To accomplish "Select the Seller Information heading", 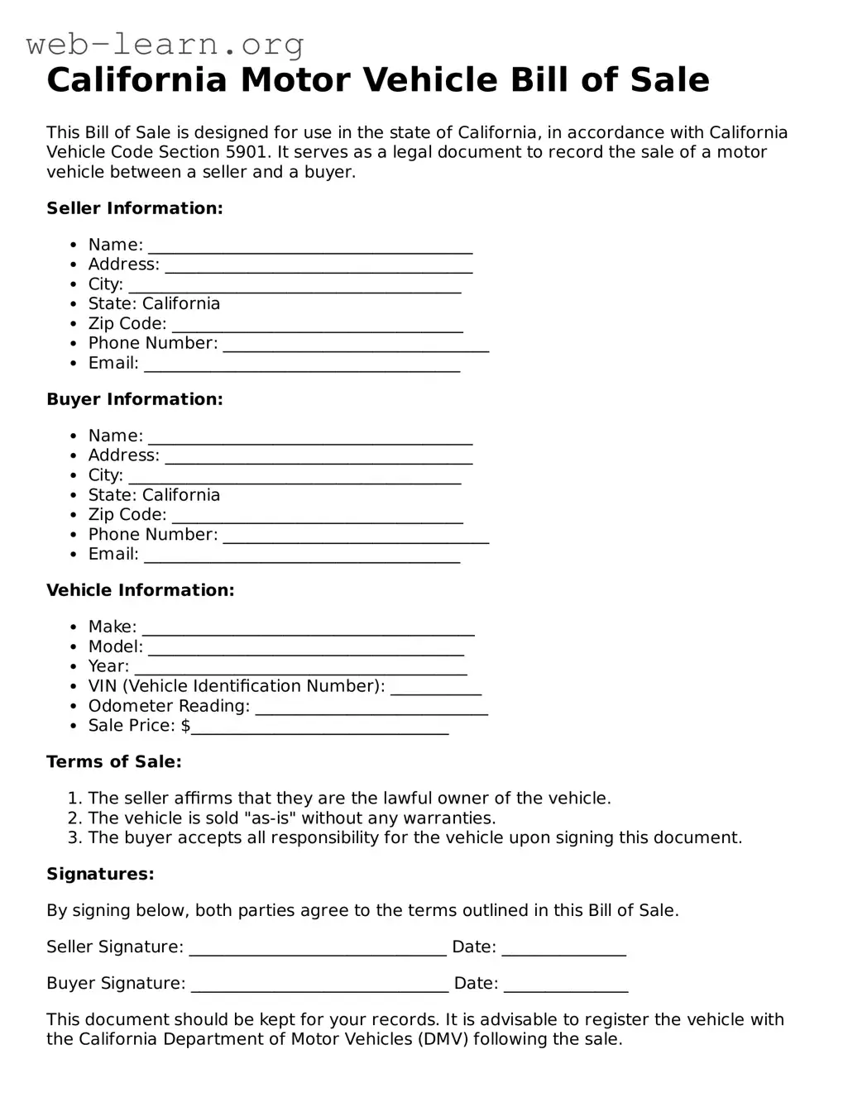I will click(x=135, y=208).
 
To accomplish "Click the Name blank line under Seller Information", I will click(x=310, y=247).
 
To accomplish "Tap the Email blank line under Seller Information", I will click(x=302, y=365).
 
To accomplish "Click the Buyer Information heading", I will click(x=135, y=399).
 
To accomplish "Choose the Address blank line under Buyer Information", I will click(x=319, y=458).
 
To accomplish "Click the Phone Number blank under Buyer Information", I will click(x=356, y=537).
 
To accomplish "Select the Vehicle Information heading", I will click(x=141, y=590).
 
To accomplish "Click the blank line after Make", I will click(x=308, y=630).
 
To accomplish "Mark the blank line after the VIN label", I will click(x=435, y=689).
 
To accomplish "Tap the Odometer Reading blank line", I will click(x=371, y=708).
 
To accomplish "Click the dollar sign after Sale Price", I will click(x=185, y=726).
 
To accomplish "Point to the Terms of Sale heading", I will click(x=114, y=762).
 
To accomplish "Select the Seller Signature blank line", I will click(x=318, y=950).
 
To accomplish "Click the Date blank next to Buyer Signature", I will click(x=566, y=986).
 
